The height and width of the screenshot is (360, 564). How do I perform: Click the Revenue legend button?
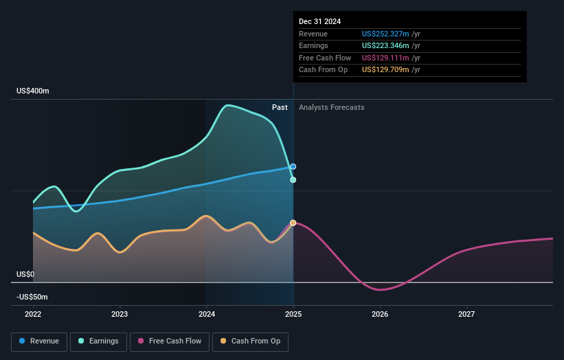pos(39,341)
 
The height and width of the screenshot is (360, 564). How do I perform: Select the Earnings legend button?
pos(98,341)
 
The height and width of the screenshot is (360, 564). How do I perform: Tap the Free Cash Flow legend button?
pos(172,341)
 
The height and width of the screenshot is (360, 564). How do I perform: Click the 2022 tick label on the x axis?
pos(33,315)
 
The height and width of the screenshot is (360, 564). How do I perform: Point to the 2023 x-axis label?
pos(120,315)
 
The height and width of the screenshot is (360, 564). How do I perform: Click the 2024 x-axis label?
pos(206,315)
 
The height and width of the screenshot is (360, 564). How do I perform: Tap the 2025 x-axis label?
pos(293,315)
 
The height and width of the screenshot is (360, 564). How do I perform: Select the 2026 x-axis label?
pos(380,315)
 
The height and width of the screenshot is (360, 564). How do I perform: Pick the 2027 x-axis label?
pos(466,315)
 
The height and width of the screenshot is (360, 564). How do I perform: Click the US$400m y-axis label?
pos(33,91)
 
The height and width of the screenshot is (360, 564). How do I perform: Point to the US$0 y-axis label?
pos(25,274)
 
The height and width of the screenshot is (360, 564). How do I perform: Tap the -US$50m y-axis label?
pos(32,297)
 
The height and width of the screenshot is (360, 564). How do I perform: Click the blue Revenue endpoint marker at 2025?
pos(293,166)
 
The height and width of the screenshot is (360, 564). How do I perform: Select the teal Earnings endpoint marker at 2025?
pos(293,180)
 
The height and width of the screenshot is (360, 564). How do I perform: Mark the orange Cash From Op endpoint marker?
pos(293,223)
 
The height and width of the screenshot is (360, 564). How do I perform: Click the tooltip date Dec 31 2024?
pos(319,22)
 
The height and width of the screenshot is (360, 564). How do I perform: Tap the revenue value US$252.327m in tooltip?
pos(385,34)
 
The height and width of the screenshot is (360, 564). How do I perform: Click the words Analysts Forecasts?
pos(331,107)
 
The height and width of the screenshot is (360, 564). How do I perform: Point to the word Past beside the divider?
pos(280,107)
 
